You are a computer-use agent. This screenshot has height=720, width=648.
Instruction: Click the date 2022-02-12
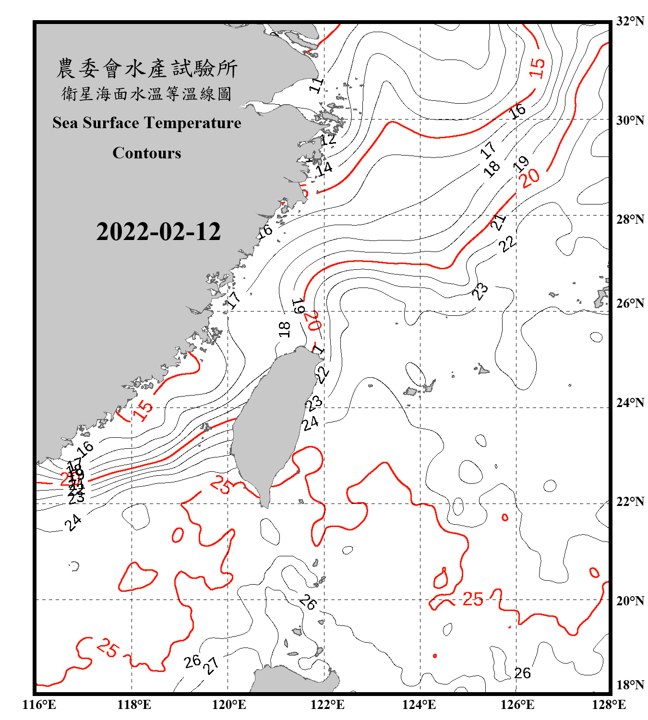click(158, 232)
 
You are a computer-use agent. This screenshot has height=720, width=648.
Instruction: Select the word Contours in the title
click(147, 153)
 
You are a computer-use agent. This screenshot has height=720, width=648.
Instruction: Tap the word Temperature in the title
click(193, 123)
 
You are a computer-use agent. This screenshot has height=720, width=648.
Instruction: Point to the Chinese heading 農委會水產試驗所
click(147, 68)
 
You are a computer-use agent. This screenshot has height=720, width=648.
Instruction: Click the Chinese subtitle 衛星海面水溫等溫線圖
click(147, 94)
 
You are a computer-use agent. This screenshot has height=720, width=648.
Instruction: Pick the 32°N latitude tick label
click(630, 21)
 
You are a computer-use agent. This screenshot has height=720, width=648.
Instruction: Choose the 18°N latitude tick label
click(630, 685)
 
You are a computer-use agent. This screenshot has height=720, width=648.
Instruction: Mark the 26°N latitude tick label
click(630, 303)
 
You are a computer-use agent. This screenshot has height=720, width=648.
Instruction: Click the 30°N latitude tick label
click(630, 120)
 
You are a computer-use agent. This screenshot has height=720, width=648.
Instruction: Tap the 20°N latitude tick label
click(630, 600)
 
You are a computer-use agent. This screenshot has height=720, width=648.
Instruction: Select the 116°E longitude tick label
click(39, 705)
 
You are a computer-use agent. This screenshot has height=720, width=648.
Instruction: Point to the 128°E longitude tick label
click(609, 705)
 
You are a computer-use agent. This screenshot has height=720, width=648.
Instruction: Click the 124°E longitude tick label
click(419, 705)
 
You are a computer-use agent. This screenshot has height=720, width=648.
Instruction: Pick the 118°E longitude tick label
click(134, 705)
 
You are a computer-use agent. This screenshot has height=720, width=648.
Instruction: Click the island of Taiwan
click(269, 422)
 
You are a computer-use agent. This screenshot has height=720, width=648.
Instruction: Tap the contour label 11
click(316, 85)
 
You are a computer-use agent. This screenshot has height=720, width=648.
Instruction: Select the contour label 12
click(328, 140)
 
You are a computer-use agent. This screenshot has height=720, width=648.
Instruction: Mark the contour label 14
click(324, 168)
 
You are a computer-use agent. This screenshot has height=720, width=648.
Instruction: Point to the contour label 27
click(211, 665)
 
